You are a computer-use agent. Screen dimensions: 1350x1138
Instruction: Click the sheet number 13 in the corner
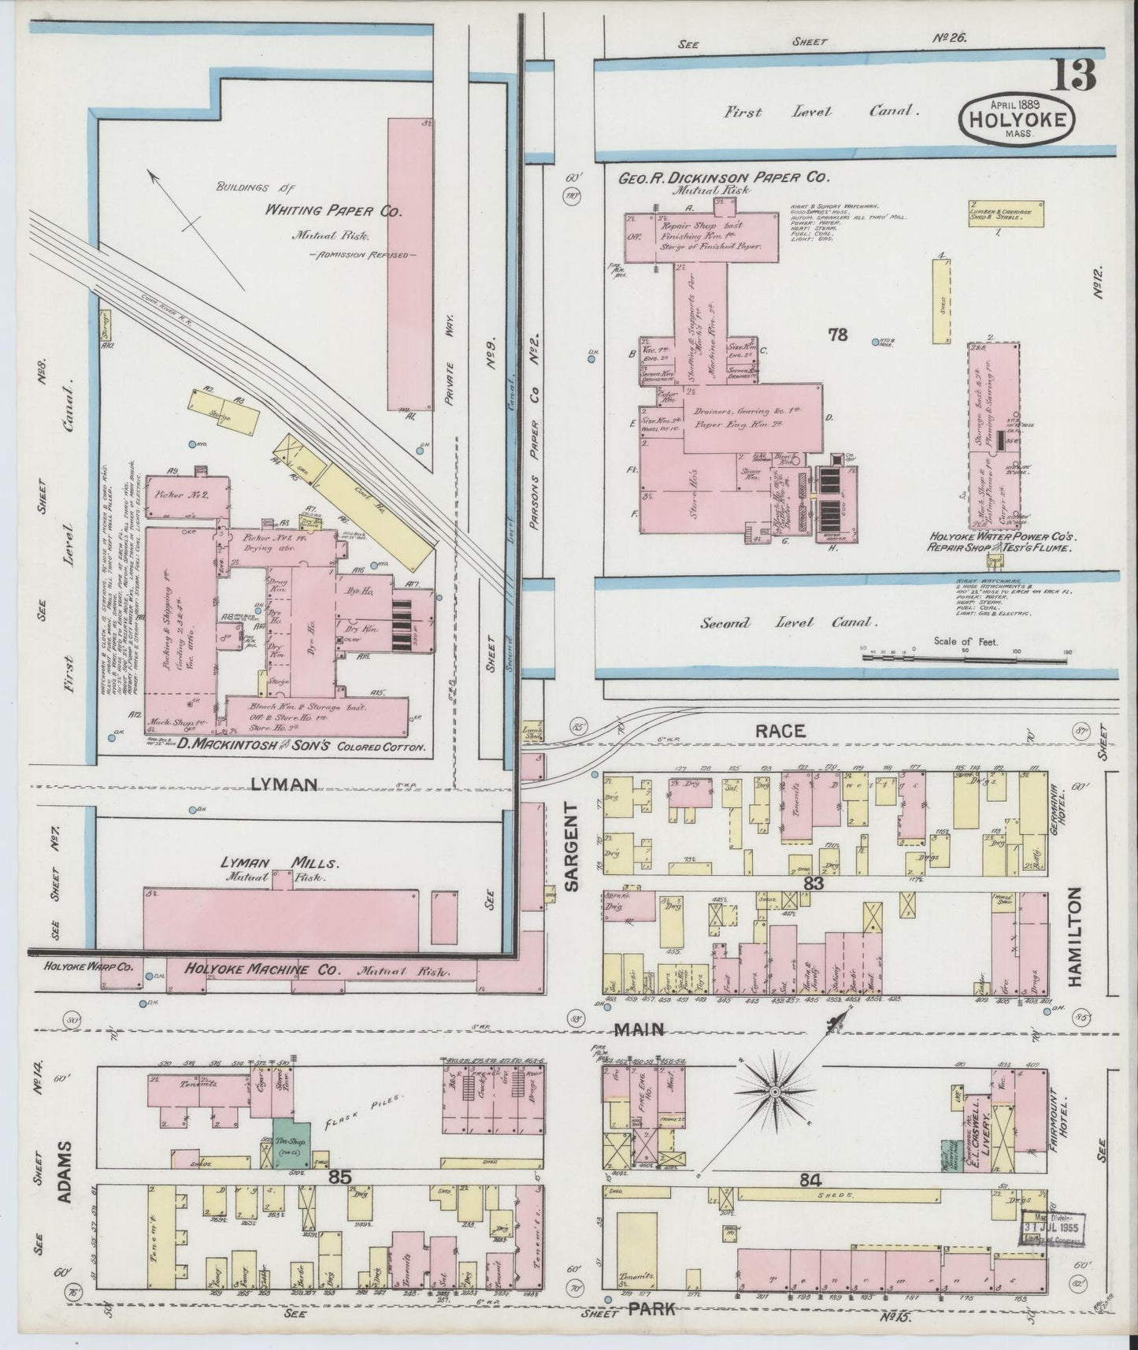[x=1072, y=76]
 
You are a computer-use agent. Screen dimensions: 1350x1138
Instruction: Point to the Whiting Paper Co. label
[x=333, y=211]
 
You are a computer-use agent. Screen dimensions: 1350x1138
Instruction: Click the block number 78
[x=836, y=335]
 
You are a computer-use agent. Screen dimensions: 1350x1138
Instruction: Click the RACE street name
[x=780, y=731]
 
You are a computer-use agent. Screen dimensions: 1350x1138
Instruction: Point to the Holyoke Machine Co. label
[x=264, y=968]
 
